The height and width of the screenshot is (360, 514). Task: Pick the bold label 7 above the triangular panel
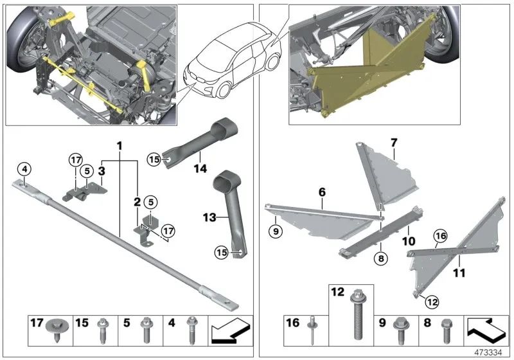click(x=394, y=141)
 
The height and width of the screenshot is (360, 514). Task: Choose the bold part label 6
click(x=322, y=192)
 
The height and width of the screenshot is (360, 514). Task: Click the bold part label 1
click(x=119, y=146)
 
